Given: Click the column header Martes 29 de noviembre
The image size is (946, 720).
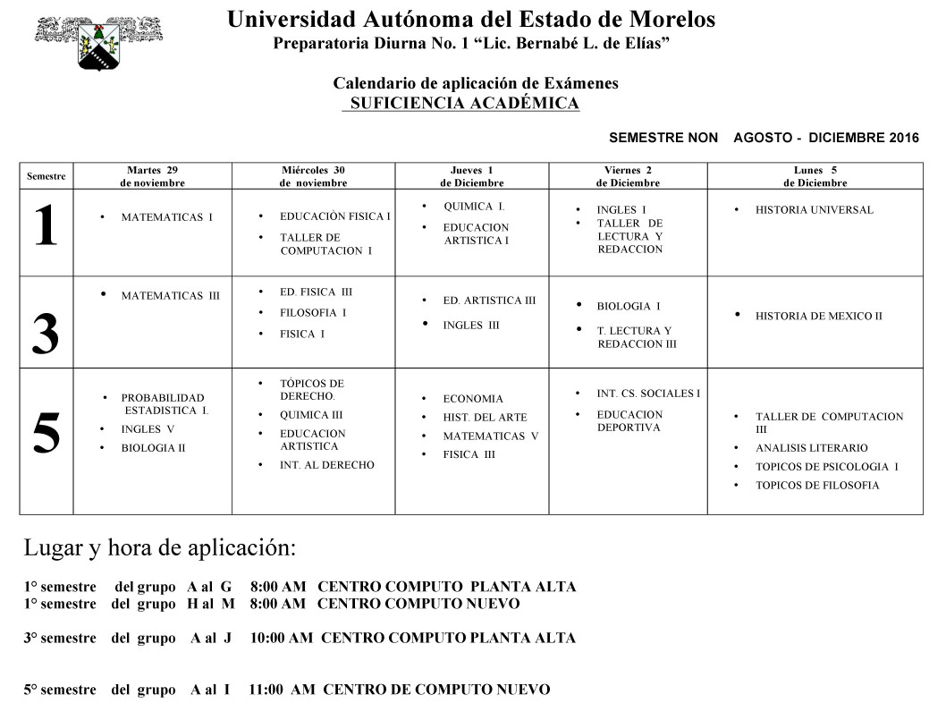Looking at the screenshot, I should tap(152, 176).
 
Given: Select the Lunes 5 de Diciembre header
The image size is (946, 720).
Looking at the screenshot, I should tap(815, 176).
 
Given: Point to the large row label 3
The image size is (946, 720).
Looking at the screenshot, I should tap(46, 335).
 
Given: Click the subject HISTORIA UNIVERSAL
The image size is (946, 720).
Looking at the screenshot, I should tap(814, 210).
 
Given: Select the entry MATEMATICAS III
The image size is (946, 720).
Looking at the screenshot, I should tap(170, 296).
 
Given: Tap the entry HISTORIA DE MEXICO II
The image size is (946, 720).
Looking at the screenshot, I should tap(818, 316).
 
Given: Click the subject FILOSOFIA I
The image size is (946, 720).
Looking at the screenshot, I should tap(313, 313).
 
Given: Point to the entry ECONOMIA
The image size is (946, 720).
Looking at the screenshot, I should tap(473, 399).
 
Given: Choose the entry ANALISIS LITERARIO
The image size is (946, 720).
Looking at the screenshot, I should tap(811, 448).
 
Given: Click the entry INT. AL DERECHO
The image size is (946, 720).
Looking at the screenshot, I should tap(326, 465).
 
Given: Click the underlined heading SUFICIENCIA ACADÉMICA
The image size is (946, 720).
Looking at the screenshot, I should tap(464, 104).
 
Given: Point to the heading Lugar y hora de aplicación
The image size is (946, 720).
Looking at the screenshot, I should tap(159, 547).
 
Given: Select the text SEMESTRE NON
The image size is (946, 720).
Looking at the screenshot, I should tap(663, 138).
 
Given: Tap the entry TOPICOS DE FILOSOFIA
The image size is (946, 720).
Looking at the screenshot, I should tap(817, 486).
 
